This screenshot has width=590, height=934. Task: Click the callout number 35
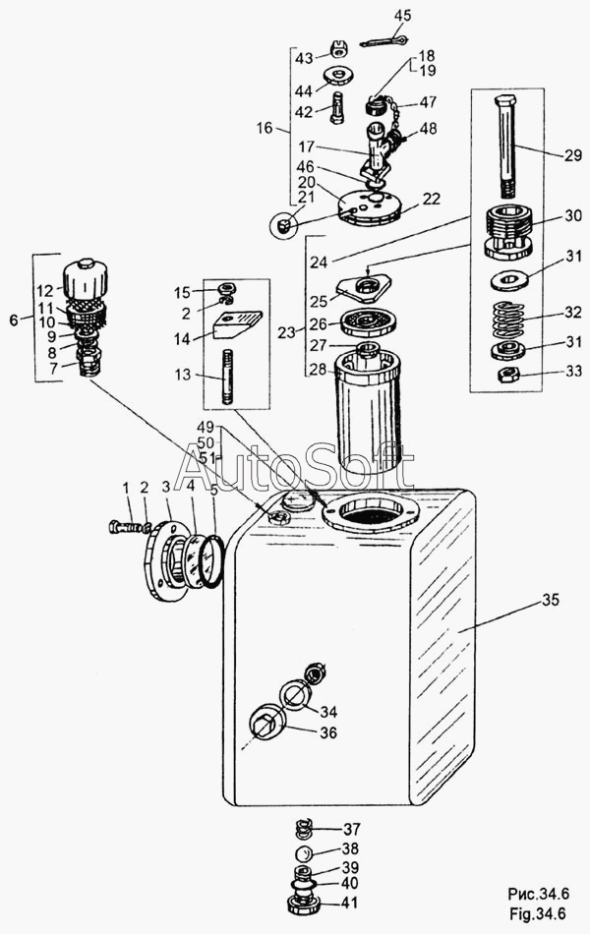551,600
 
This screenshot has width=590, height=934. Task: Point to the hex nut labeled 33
508,375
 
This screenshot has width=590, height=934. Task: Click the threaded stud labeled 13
227,379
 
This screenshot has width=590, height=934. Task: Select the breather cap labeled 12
86,281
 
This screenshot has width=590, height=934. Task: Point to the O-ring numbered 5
212,560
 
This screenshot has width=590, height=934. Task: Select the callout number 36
328,732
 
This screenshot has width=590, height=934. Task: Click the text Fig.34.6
537,913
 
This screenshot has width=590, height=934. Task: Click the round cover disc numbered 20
369,207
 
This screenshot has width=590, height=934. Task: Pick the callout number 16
265,128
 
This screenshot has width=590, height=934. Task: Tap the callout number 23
287,332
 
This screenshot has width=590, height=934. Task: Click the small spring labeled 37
305,829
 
